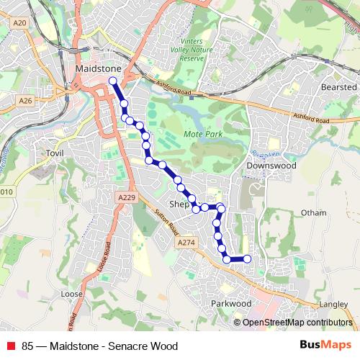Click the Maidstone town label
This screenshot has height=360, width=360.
pos(96,68)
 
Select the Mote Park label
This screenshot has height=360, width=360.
pos(203,135)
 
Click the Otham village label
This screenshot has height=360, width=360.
pos(313,213)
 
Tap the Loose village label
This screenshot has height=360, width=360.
pos(73,294)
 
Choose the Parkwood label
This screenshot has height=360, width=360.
pos(231,304)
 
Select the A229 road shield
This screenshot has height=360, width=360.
pos(125,196)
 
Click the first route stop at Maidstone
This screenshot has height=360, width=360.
pos(112,80)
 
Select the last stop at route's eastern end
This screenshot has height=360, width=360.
pos(247,258)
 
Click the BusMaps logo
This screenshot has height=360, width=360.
pos(325,346)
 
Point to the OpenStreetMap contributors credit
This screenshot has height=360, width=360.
pos(297,323)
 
